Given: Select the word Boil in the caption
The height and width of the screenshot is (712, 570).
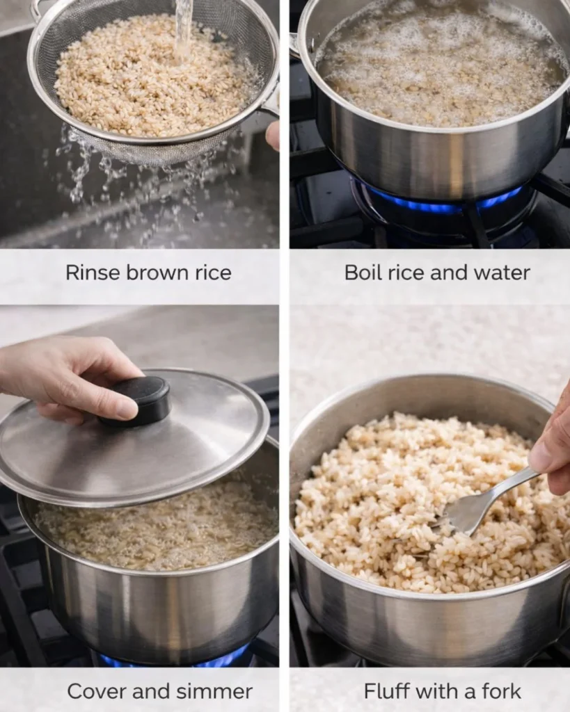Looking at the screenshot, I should click(362, 273).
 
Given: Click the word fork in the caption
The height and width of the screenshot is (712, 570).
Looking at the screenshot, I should click(498, 692).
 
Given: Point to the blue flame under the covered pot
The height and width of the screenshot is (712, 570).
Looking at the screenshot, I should click(174, 657).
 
